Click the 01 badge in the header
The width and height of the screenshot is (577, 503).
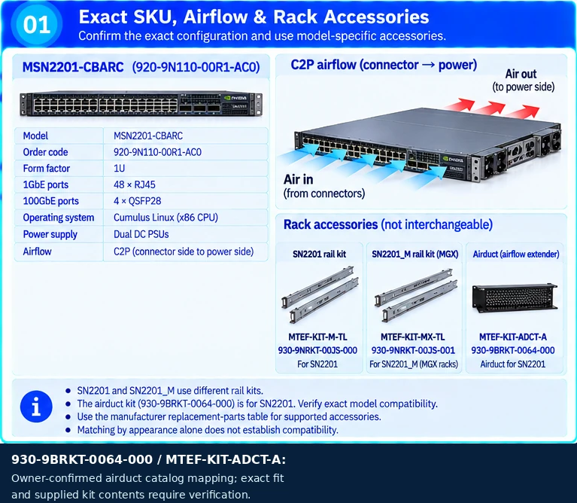click(36, 24)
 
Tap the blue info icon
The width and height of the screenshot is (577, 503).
click(36, 407)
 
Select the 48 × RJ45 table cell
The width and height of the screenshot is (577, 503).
click(135, 184)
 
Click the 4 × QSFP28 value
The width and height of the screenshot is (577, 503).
click(137, 201)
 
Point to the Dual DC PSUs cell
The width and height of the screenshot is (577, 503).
click(141, 234)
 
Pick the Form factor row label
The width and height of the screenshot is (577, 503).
click(47, 168)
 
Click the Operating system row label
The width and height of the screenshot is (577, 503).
click(59, 218)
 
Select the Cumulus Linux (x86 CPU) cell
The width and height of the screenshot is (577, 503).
click(166, 218)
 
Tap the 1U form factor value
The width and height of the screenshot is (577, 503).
click(119, 168)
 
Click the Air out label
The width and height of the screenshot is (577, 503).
click(521, 74)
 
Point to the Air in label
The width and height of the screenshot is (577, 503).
click(299, 180)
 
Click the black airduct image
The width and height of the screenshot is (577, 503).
click(515, 297)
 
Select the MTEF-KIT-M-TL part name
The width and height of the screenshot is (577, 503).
click(317, 337)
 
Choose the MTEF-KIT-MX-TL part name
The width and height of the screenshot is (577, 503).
click(412, 337)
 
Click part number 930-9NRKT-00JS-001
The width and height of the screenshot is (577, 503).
click(413, 350)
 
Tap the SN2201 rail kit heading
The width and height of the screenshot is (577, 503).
click(320, 254)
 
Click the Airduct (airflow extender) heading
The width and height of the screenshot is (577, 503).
click(516, 254)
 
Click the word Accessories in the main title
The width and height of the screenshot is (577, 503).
click(376, 17)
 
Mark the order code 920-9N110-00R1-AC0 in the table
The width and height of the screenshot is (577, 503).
click(157, 152)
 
